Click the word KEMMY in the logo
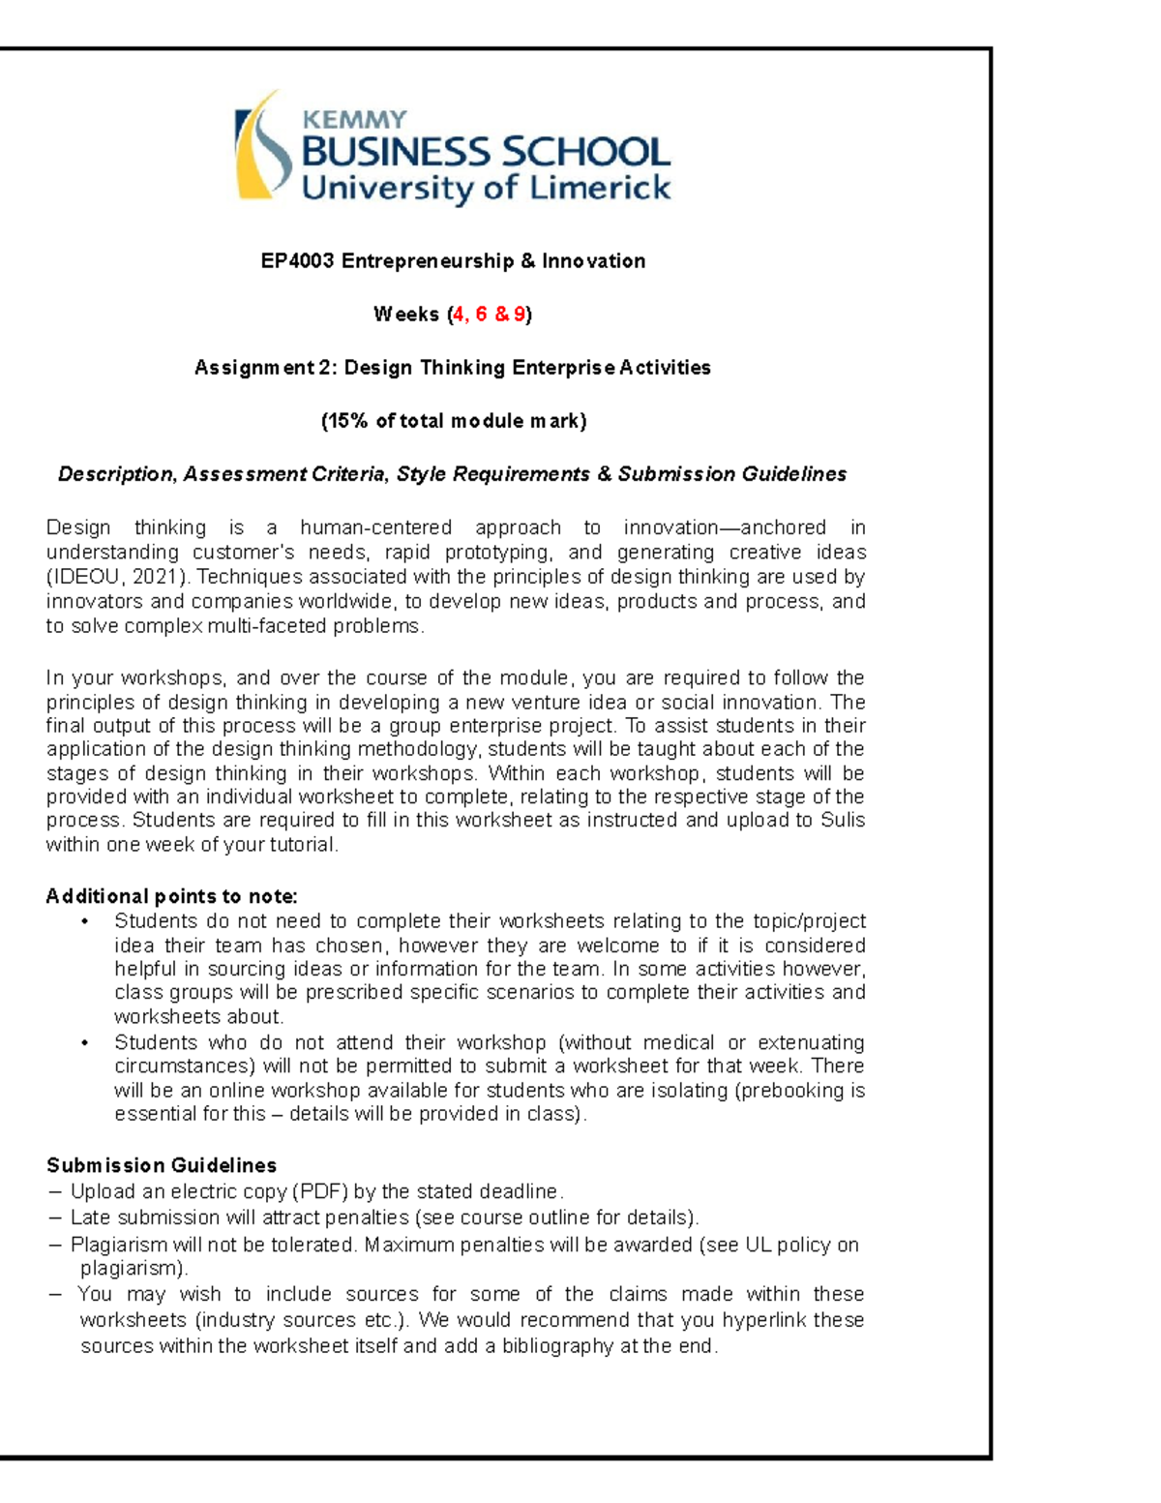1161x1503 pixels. [355, 120]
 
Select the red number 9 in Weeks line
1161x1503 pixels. [520, 315]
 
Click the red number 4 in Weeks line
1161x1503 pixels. [458, 315]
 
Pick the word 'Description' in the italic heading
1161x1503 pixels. [115, 474]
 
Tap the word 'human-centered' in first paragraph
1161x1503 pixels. [375, 528]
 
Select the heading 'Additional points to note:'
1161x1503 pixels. [171, 896]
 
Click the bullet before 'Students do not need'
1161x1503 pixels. [85, 921]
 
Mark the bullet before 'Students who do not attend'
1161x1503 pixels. [85, 1043]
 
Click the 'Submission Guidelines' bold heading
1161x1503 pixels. [162, 1165]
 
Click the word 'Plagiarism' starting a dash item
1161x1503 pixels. [118, 1245]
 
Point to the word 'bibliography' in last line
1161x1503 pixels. [557, 1346]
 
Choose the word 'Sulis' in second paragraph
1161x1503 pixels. [842, 821]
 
